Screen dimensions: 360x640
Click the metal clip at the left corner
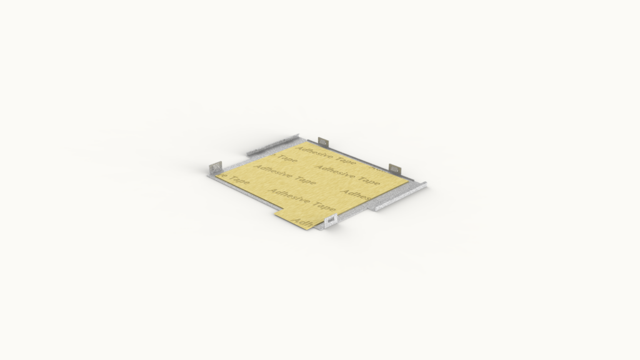(x=215, y=167)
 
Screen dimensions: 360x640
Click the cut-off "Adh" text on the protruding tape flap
(x=303, y=222)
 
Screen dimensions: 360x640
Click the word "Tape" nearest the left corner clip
(x=239, y=179)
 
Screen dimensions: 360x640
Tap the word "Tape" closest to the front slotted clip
(x=324, y=206)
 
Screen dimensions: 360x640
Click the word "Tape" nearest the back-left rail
(x=287, y=159)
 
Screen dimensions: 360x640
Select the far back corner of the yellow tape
(x=307, y=142)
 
